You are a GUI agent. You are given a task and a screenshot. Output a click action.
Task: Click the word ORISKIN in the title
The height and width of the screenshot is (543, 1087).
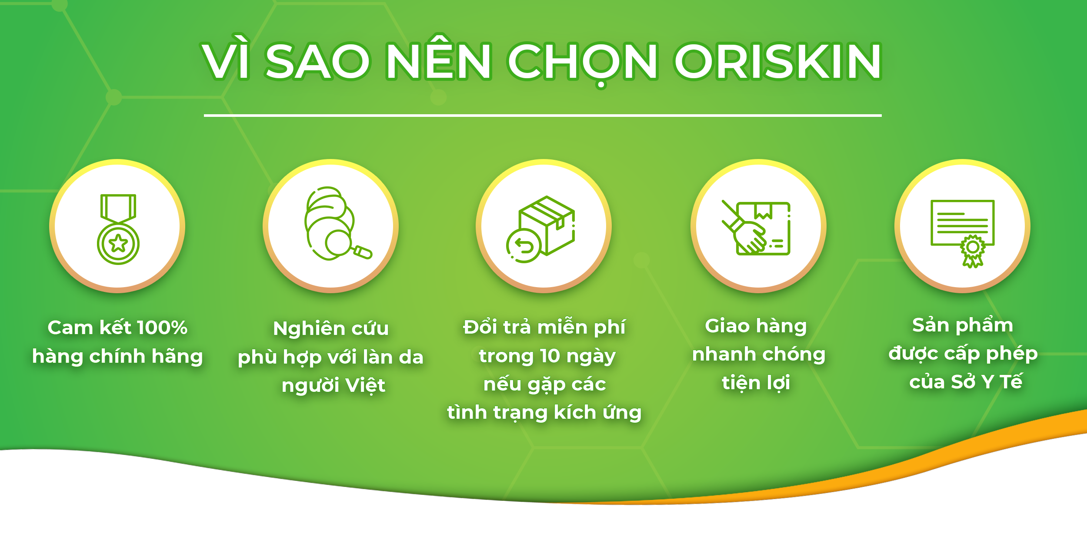pyautogui.click(x=778, y=61)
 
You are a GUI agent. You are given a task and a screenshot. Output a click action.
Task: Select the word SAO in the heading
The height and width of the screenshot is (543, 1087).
pyautogui.click(x=317, y=61)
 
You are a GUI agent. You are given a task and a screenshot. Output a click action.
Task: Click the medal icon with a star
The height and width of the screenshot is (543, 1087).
pyautogui.click(x=118, y=229)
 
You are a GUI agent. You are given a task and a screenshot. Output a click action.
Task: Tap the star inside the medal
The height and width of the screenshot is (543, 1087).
pyautogui.click(x=118, y=244)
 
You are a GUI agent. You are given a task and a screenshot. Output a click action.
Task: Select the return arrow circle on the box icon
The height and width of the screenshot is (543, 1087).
pyautogui.click(x=524, y=246)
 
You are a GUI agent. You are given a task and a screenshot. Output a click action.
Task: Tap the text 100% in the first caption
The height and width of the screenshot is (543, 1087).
pyautogui.click(x=162, y=328)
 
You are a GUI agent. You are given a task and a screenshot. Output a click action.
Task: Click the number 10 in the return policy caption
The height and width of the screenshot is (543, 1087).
pyautogui.click(x=550, y=356)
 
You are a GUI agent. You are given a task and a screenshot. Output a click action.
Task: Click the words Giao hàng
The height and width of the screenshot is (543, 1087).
pyautogui.click(x=756, y=326)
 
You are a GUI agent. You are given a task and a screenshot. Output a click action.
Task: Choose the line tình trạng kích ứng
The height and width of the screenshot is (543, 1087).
pyautogui.click(x=544, y=413)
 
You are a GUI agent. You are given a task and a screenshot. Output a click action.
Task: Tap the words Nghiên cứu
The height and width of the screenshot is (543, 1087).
pyautogui.click(x=331, y=328)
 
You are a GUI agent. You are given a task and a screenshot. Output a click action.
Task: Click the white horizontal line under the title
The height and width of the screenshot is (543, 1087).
pyautogui.click(x=543, y=116)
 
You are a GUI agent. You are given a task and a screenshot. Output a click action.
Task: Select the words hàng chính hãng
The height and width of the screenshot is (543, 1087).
pyautogui.click(x=117, y=357)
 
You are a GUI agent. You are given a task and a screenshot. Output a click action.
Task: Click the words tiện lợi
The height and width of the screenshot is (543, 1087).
pyautogui.click(x=756, y=383)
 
